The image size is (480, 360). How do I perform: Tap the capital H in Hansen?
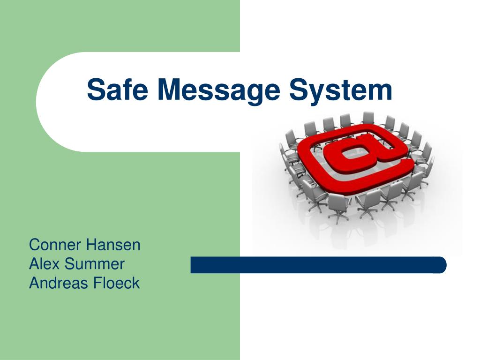pos(91,245)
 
